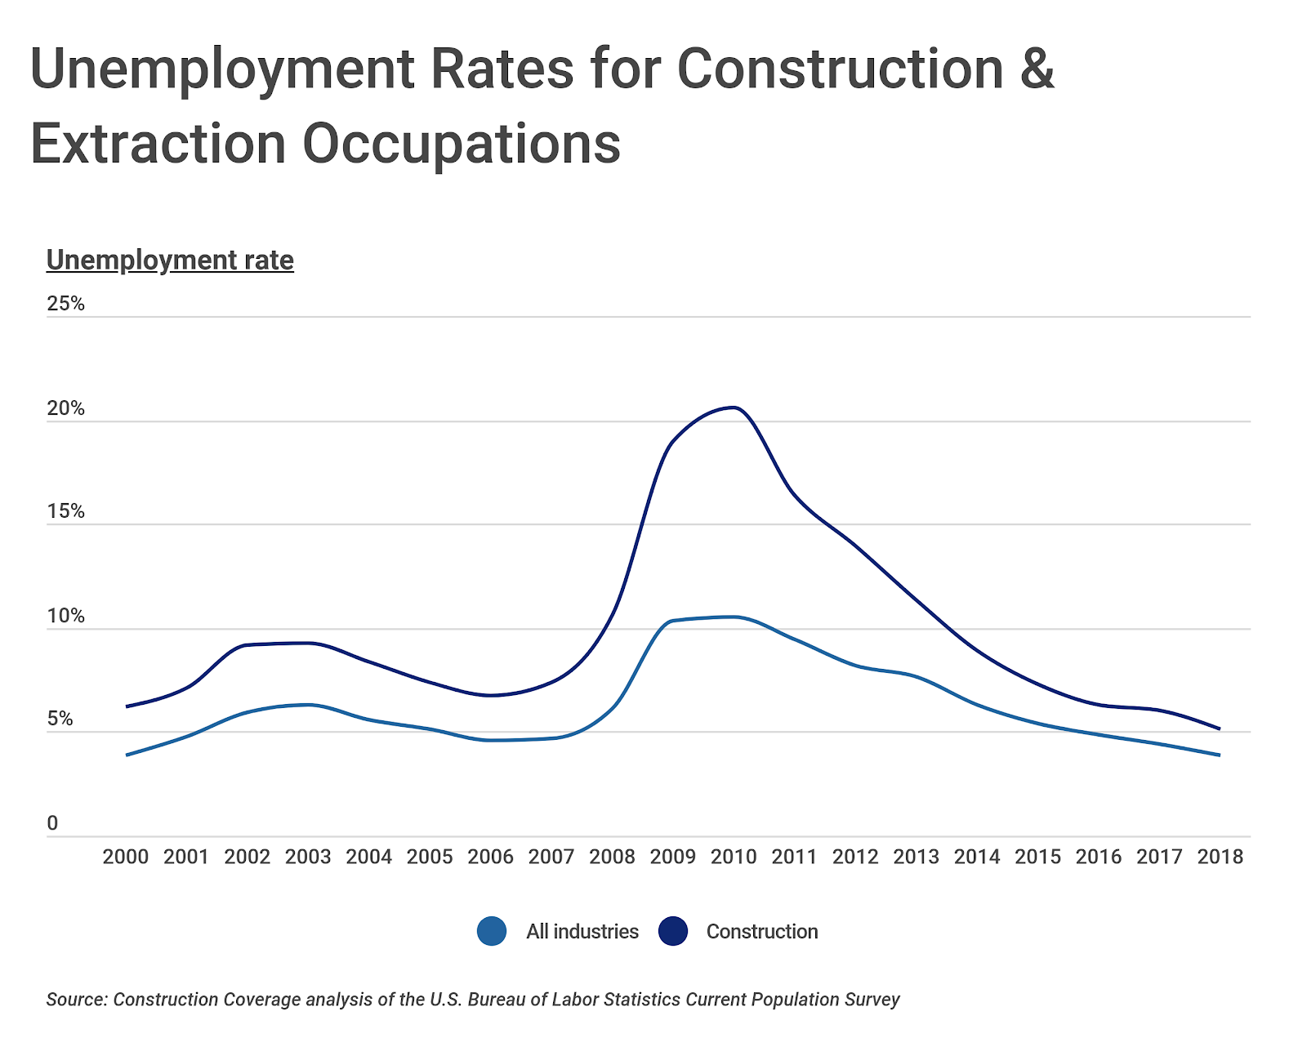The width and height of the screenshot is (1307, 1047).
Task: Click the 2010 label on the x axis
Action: click(734, 857)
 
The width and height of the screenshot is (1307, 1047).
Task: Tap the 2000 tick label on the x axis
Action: click(126, 857)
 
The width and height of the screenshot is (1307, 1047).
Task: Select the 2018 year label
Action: click(1220, 857)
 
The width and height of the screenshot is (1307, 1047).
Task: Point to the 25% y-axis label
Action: click(66, 304)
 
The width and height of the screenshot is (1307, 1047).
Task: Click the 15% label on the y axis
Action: click(66, 511)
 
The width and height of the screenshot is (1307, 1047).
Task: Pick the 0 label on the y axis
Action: click(53, 823)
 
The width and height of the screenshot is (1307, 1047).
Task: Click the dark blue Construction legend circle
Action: click(673, 932)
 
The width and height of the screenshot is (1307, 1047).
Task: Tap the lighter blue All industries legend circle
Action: click(492, 932)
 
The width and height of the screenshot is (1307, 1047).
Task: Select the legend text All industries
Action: click(582, 932)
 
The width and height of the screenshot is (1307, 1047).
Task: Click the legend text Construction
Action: click(761, 932)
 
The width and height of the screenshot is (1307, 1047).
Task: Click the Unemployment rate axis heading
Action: click(170, 260)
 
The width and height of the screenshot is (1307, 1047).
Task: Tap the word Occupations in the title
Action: click(462, 144)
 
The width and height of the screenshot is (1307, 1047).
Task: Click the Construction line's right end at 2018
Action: click(1220, 728)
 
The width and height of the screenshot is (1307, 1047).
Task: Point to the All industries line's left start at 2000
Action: click(127, 755)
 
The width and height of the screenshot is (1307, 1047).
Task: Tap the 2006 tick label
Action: click(490, 857)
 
